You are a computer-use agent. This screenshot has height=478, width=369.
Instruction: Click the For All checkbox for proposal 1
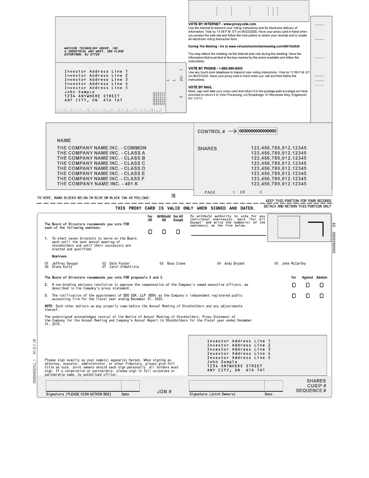150,232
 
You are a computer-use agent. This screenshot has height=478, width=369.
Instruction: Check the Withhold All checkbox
164,232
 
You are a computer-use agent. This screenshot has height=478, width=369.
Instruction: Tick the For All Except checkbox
178,232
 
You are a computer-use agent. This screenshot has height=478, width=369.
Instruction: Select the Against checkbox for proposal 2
308,285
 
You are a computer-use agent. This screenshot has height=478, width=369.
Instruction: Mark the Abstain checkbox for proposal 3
322,296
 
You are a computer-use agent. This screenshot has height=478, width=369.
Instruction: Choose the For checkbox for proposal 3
294,296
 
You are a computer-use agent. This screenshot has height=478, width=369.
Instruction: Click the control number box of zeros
257,131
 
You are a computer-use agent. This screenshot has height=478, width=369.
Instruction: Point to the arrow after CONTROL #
232,131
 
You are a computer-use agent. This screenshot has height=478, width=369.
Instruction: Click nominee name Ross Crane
176,264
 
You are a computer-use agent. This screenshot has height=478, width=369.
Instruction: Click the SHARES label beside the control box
207,149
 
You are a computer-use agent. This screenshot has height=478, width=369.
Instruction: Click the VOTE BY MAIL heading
200,87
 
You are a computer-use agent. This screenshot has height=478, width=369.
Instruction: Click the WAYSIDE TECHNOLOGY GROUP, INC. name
91,48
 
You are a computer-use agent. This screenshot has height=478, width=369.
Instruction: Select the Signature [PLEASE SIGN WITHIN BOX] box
83,386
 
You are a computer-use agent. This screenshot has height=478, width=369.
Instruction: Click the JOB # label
164,392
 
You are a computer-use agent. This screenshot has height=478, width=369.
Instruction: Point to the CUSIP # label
316,386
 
